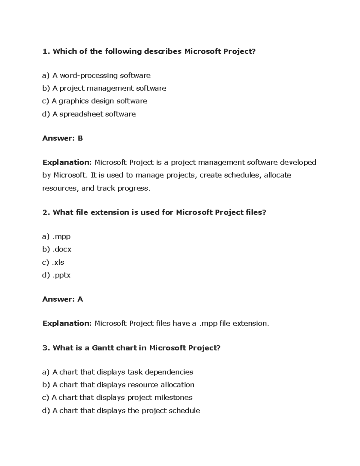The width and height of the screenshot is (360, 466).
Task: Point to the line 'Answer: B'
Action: (x=62, y=138)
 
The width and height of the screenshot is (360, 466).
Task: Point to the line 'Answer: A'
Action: (x=62, y=299)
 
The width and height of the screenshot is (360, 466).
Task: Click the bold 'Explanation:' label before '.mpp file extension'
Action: (x=67, y=323)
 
